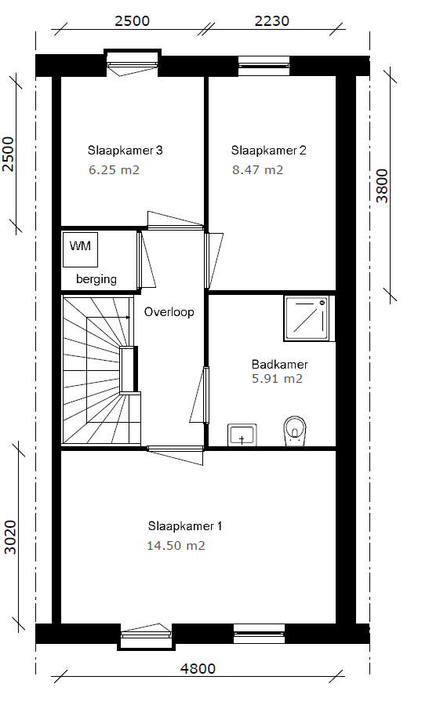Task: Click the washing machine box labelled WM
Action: pyautogui.click(x=81, y=249)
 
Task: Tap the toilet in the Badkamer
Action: pyautogui.click(x=295, y=431)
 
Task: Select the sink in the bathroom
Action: pyautogui.click(x=242, y=435)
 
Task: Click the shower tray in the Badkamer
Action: pyautogui.click(x=306, y=318)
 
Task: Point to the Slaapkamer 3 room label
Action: pyautogui.click(x=125, y=150)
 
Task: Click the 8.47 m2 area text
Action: pyautogui.click(x=258, y=170)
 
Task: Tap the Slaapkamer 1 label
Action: pyautogui.click(x=185, y=526)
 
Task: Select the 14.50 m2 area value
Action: pyautogui.click(x=176, y=546)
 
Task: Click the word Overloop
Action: pyautogui.click(x=169, y=312)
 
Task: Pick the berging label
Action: pyautogui.click(x=96, y=279)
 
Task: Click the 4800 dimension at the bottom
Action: pyautogui.click(x=198, y=668)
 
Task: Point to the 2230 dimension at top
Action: pyautogui.click(x=271, y=21)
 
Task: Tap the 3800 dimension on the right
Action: pyautogui.click(x=382, y=186)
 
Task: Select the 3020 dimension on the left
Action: pyautogui.click(x=9, y=536)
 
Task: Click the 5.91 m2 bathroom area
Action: pyautogui.click(x=277, y=379)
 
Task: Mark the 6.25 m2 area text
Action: pyautogui.click(x=114, y=170)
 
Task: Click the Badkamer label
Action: pyautogui.click(x=280, y=365)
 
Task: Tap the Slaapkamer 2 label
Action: pyautogui.click(x=268, y=150)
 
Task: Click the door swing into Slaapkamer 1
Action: pyautogui.click(x=176, y=455)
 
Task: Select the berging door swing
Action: pyautogui.click(x=147, y=260)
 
